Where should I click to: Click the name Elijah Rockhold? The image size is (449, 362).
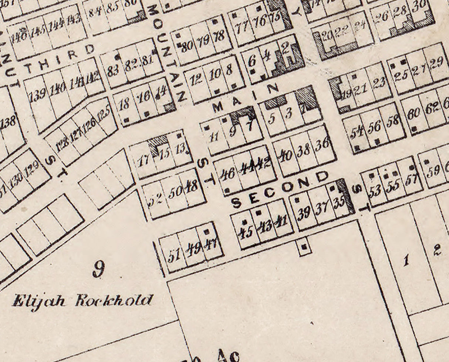[x=82, y=300]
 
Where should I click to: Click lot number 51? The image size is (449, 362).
[x=174, y=255]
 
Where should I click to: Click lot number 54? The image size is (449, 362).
[x=356, y=132]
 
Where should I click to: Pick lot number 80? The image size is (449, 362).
[x=188, y=46]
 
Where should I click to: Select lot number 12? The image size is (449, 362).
[x=196, y=79]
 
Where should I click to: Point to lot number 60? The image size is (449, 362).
[x=413, y=115]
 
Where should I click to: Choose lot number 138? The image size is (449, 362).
[x=10, y=122]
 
